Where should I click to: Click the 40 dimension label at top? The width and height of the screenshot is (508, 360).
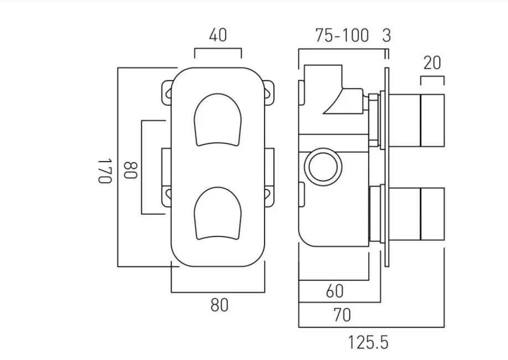pyautogui.click(x=218, y=35)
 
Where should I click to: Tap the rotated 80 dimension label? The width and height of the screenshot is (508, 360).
pyautogui.click(x=130, y=169)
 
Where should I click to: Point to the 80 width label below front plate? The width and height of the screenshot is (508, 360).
pyautogui.click(x=219, y=304)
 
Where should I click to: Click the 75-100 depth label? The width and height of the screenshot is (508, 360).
pyautogui.click(x=342, y=36)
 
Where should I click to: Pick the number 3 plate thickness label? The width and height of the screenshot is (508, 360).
pyautogui.click(x=386, y=36)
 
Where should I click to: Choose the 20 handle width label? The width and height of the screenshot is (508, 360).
pyautogui.click(x=432, y=63)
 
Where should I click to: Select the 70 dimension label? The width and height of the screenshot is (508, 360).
pyautogui.click(x=342, y=315)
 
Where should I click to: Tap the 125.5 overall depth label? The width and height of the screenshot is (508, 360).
pyautogui.click(x=368, y=342)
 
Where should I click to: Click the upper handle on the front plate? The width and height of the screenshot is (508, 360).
pyautogui.click(x=219, y=119)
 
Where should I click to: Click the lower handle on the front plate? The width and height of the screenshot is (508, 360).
pyautogui.click(x=219, y=214)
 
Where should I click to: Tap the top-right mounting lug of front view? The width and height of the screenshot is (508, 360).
pyautogui.click(x=269, y=91)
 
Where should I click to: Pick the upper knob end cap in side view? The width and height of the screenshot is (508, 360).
pyautogui.click(x=433, y=120)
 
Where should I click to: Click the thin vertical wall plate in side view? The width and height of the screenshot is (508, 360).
pyautogui.click(x=386, y=166)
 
